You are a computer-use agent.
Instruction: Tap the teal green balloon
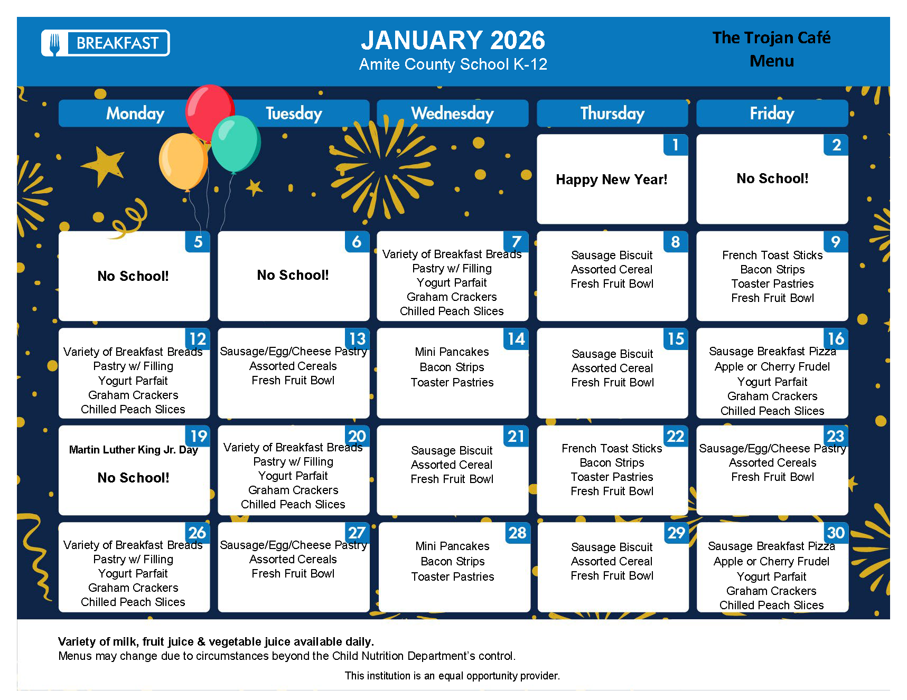236,144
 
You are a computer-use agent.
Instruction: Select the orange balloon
183,161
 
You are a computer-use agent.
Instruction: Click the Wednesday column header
453,113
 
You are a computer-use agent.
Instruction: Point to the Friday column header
772,113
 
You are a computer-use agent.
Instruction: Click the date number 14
516,339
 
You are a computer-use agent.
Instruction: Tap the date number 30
836,533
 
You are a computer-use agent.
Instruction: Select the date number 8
675,242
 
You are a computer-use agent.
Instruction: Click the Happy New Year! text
612,179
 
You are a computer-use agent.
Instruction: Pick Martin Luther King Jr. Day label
133,450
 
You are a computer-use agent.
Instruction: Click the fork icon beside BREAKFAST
55,43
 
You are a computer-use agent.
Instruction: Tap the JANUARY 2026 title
453,40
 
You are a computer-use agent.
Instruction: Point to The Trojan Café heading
771,37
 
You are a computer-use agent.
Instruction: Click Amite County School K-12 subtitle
453,64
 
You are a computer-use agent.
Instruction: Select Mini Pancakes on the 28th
452,546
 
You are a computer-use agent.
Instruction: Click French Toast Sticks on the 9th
772,255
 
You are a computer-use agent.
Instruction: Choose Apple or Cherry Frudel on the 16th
772,366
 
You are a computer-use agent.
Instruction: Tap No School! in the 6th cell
293,275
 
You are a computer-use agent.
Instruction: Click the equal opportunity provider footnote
452,676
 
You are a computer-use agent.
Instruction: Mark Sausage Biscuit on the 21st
452,450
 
